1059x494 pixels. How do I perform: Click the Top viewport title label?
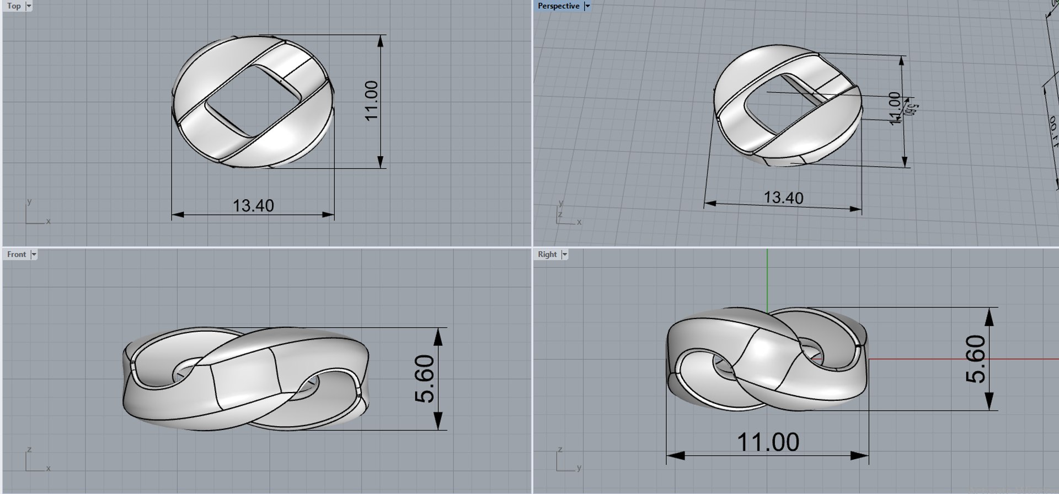coord(14,6)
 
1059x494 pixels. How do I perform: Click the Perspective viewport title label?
coord(558,6)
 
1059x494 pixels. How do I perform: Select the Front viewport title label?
coord(16,254)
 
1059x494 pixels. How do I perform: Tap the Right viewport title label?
coord(547,254)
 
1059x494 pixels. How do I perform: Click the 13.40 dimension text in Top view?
coord(253,206)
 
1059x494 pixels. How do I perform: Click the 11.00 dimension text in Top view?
coord(371,100)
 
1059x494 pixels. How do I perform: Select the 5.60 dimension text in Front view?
coord(424,379)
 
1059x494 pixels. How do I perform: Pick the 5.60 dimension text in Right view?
coord(975,359)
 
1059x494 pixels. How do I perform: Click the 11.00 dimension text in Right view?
coord(768,442)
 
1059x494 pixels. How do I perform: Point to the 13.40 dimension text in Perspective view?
coord(783,198)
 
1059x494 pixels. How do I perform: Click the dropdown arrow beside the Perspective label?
coord(587,6)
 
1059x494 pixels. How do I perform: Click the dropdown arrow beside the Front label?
coord(34,254)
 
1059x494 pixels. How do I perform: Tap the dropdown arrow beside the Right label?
coord(564,254)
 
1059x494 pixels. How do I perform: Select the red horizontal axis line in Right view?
coord(965,359)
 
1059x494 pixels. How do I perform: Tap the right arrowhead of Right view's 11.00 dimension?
coord(861,456)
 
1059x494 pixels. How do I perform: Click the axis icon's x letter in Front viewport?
coord(49,469)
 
